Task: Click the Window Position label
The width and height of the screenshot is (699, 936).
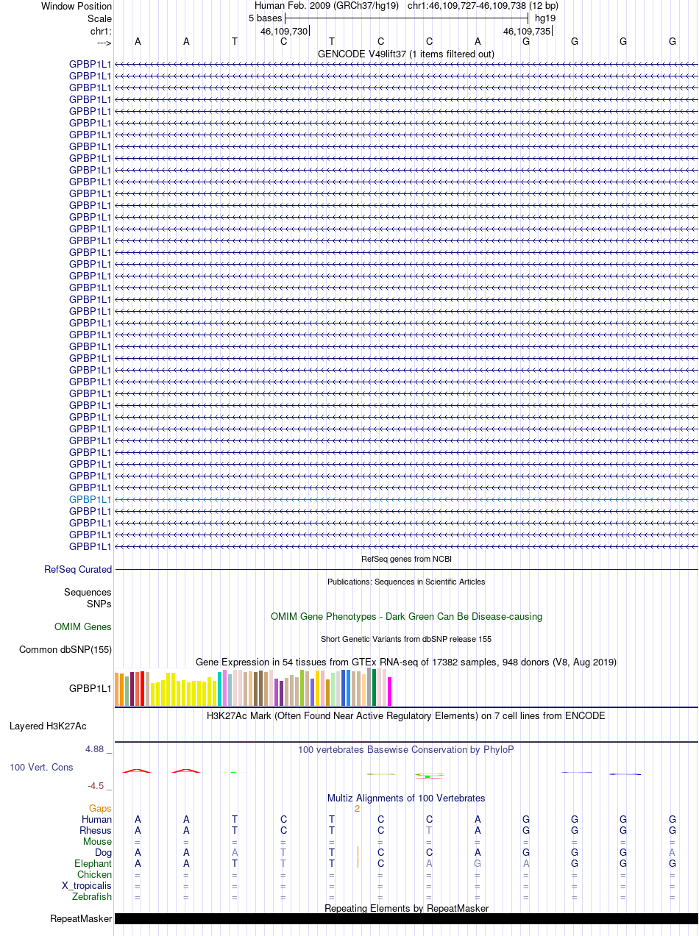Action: pyautogui.click(x=77, y=6)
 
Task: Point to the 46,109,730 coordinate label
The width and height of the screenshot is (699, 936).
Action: pyautogui.click(x=284, y=31)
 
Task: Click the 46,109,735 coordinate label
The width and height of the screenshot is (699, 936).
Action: pyautogui.click(x=526, y=31)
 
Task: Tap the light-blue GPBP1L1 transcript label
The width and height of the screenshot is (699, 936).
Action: pyautogui.click(x=90, y=499)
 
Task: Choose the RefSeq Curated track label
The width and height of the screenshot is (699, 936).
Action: pyautogui.click(x=78, y=569)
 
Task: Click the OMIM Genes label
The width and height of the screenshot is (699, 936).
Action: pyautogui.click(x=83, y=627)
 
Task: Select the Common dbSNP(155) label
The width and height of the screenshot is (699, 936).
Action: pyautogui.click(x=65, y=649)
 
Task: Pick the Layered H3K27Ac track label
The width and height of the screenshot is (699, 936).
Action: pyautogui.click(x=48, y=726)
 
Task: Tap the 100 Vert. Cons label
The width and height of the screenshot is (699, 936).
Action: pyautogui.click(x=41, y=767)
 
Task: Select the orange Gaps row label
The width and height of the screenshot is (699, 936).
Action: pyautogui.click(x=100, y=808)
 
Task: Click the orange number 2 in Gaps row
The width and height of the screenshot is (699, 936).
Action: pyautogui.click(x=357, y=808)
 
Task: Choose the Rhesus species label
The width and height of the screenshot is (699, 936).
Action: pyautogui.click(x=96, y=830)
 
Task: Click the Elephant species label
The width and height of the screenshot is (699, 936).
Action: pyautogui.click(x=93, y=863)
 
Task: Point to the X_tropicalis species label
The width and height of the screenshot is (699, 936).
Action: pyautogui.click(x=87, y=885)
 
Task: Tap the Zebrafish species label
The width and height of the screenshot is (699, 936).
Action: pyautogui.click(x=92, y=896)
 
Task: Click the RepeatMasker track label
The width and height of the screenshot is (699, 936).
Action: pyautogui.click(x=81, y=918)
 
